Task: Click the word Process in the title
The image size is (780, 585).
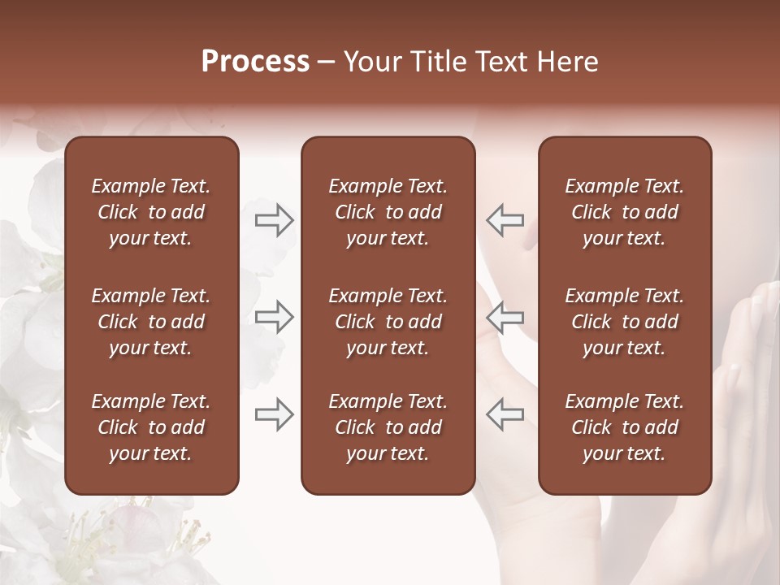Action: [255, 62]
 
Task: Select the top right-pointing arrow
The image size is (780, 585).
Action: [274, 220]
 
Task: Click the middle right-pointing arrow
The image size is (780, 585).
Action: [274, 317]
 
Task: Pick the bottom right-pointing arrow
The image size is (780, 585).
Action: [274, 414]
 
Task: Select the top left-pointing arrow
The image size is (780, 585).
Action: [505, 220]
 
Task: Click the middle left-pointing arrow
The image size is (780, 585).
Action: [505, 317]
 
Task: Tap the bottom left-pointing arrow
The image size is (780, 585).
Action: [505, 414]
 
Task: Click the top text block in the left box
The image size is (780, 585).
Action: [151, 212]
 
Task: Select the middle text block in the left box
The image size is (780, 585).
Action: [151, 322]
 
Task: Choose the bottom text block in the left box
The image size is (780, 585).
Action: [151, 427]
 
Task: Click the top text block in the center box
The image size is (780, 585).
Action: [388, 212]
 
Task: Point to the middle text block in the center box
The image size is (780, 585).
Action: [388, 322]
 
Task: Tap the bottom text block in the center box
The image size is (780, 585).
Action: [388, 427]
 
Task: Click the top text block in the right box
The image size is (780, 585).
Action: [624, 212]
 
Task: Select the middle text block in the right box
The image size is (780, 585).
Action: [624, 322]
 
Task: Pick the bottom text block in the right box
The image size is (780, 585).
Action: [624, 427]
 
